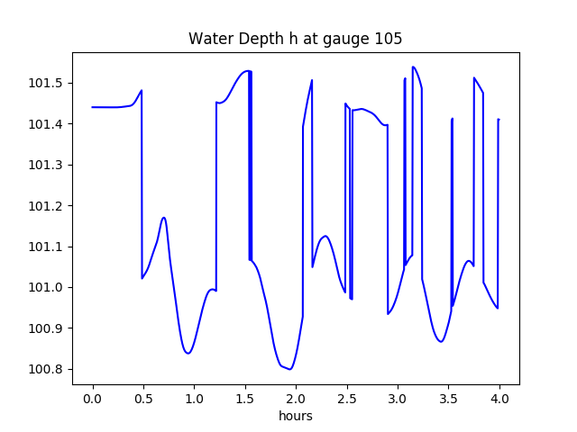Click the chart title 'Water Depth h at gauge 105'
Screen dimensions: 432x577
tap(295, 39)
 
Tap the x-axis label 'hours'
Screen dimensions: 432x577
tap(296, 416)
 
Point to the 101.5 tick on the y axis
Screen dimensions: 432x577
tap(48, 84)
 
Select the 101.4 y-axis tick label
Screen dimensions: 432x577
tap(48, 124)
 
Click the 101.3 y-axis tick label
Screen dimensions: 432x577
tap(48, 165)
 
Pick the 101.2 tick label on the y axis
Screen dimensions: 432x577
tap(48, 206)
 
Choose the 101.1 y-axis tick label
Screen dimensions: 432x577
tap(48, 247)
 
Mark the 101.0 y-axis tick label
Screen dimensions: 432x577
tap(48, 288)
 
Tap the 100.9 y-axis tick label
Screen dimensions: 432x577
tap(48, 328)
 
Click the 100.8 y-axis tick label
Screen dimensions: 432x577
tap(48, 369)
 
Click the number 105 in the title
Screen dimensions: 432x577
tap(389, 39)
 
